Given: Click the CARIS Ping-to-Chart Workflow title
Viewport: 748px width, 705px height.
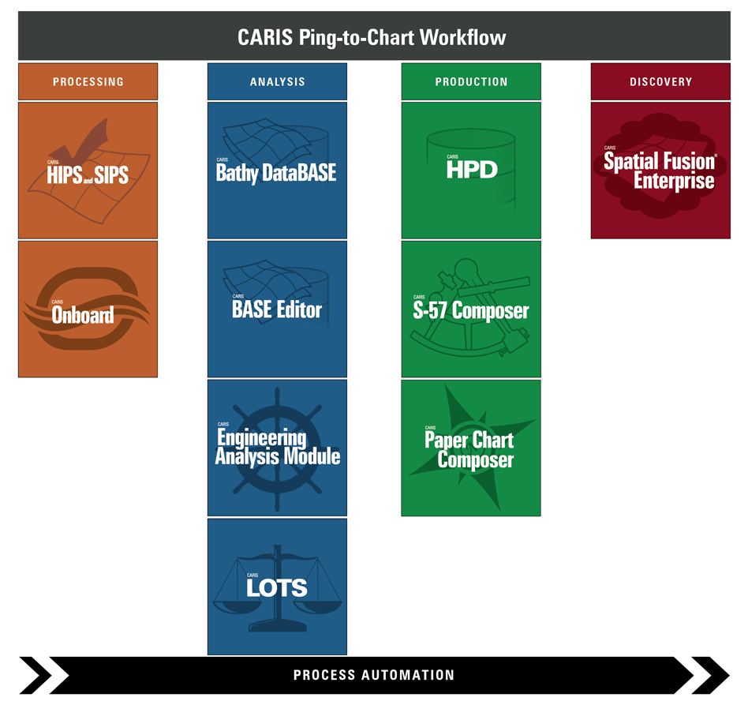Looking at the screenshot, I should click(x=372, y=37).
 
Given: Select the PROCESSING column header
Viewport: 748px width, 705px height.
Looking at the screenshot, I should click(x=88, y=81).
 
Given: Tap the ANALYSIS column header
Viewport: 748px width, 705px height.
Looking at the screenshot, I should click(x=277, y=81).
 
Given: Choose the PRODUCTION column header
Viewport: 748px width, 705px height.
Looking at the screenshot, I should click(x=471, y=81).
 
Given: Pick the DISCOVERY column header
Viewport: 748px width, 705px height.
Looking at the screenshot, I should click(x=660, y=81).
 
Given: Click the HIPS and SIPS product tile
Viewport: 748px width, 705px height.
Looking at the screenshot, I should click(x=88, y=170).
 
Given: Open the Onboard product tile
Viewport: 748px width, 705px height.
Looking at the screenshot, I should click(x=88, y=309).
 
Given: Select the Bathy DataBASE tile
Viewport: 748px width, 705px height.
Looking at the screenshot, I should click(x=277, y=170).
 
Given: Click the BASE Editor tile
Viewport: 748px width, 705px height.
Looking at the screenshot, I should click(x=277, y=309).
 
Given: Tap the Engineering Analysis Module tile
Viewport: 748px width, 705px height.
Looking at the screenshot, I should click(x=277, y=448).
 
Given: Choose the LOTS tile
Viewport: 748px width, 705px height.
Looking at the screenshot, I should click(x=277, y=587).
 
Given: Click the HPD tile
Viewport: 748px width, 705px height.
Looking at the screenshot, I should click(x=471, y=170).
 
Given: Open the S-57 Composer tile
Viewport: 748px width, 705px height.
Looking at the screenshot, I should click(x=471, y=309).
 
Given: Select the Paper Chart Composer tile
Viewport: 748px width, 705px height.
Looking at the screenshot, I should click(x=471, y=448).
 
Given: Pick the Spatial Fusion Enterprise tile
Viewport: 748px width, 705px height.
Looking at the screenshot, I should click(x=660, y=170).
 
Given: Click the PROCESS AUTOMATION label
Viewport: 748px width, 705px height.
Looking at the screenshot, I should click(x=374, y=675).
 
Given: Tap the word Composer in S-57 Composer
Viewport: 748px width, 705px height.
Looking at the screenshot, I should click(x=490, y=310).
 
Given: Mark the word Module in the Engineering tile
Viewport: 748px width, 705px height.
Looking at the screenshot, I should click(x=313, y=456).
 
